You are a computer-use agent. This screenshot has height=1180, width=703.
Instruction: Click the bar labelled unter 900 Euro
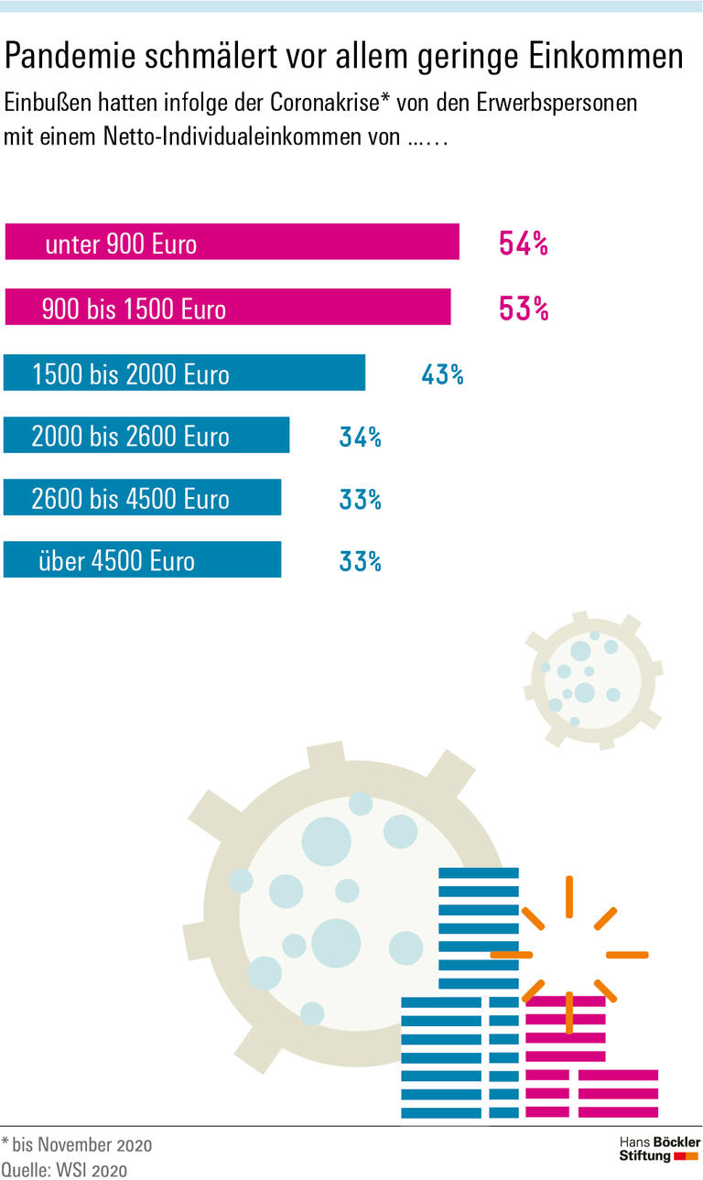tap(232, 243)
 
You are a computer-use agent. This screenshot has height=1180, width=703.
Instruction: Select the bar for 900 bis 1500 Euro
tap(227, 308)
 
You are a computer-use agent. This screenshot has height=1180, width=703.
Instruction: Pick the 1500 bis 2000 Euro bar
tap(184, 373)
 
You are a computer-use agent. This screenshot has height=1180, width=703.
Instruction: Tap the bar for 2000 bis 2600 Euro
tap(146, 436)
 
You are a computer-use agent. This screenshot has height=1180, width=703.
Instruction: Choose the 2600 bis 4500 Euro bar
tap(142, 498)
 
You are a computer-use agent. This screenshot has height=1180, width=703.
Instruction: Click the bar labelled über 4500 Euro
tap(142, 559)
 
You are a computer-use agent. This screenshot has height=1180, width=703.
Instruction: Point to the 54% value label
tap(523, 244)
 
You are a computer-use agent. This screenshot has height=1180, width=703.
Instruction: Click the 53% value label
tap(523, 309)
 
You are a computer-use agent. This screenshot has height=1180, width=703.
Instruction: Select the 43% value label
tap(442, 374)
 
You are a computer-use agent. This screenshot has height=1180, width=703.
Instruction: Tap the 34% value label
tap(360, 437)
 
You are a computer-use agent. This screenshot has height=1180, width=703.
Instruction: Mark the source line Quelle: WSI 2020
tap(64, 1169)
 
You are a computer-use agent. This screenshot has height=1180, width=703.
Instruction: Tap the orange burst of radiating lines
tap(568, 954)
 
